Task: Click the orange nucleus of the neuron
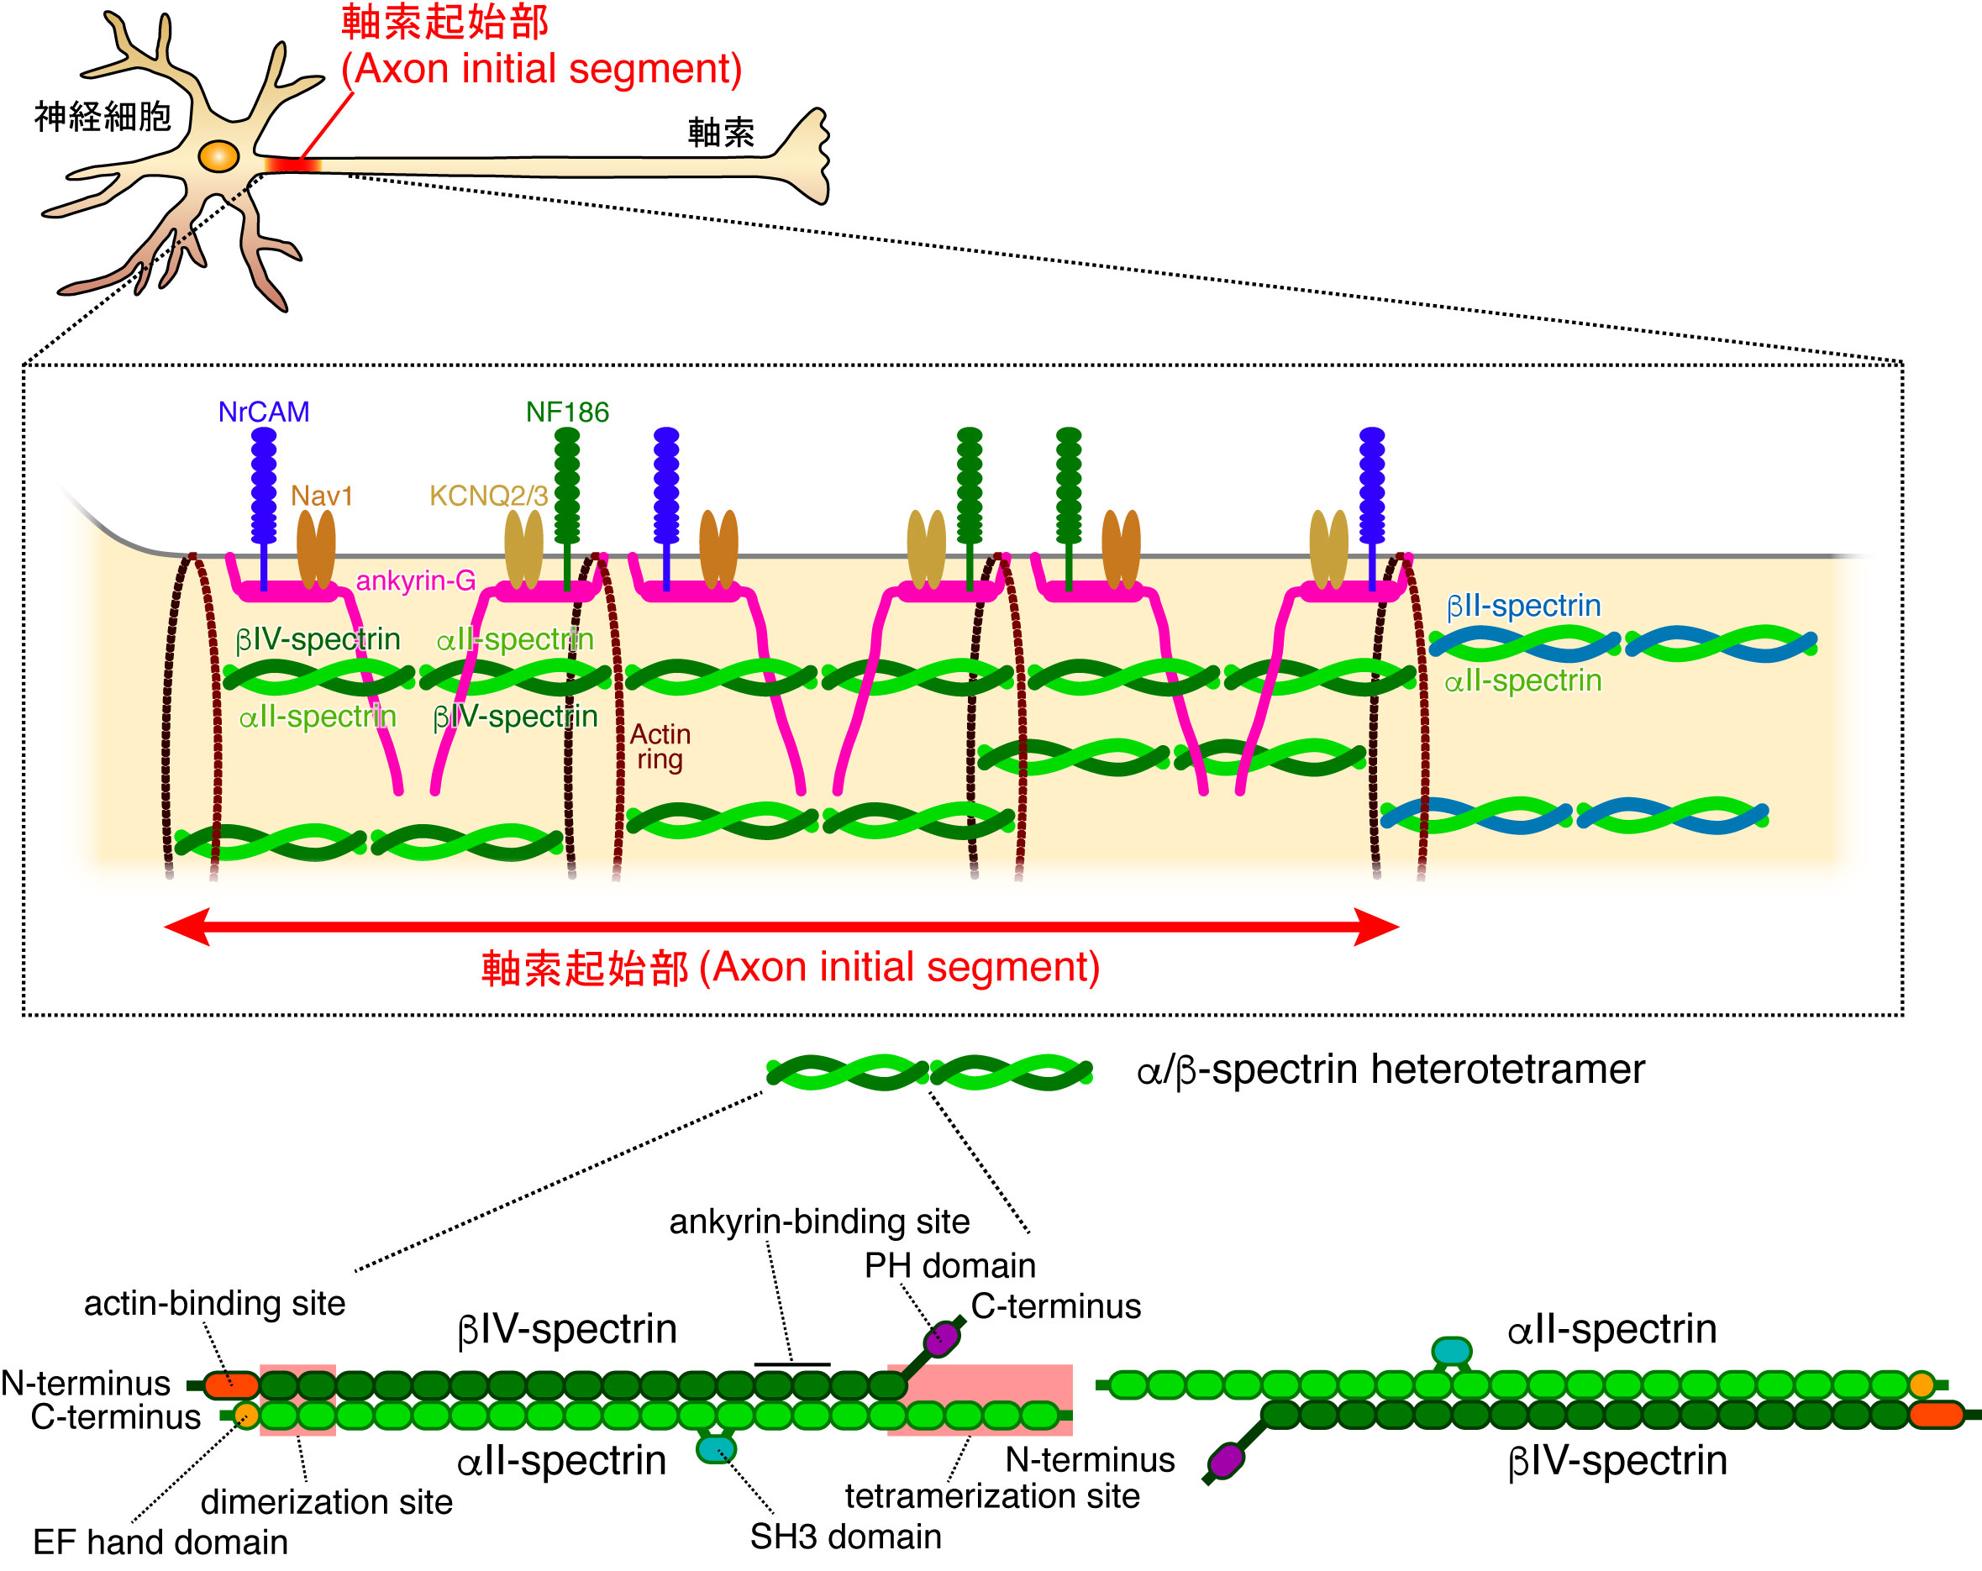tap(218, 155)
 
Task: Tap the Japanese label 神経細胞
tap(103, 117)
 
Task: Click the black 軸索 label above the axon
tap(721, 133)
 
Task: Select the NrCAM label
tap(264, 412)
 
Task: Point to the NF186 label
tap(567, 412)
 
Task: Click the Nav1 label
tap(322, 496)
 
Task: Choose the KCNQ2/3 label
tap(488, 496)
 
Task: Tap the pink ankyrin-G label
tap(416, 581)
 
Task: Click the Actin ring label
tap(660, 746)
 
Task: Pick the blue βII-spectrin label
tap(1523, 606)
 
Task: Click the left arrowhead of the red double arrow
tap(187, 927)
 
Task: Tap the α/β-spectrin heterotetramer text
tap(1391, 1069)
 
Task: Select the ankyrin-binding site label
tap(819, 1222)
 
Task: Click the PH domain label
tap(949, 1266)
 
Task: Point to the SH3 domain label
tap(846, 1537)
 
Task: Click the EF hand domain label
tap(160, 1542)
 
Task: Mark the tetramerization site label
tap(993, 1496)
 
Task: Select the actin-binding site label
tap(215, 1304)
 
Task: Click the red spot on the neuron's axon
tap(292, 166)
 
